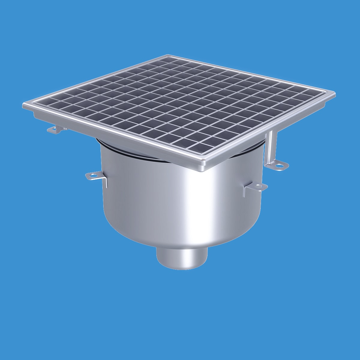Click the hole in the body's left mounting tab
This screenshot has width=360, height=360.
click(92, 175)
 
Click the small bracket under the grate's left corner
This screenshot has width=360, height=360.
click(55, 130)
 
